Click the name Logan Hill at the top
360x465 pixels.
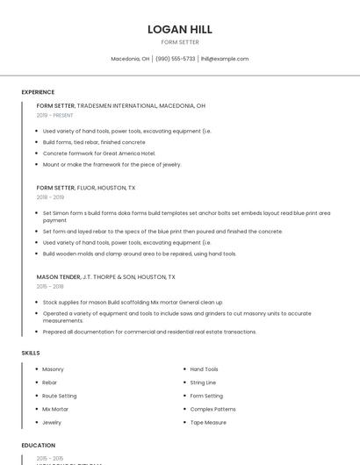coord(179,30)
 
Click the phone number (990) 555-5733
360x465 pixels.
coord(176,59)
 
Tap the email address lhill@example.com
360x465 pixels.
coord(225,59)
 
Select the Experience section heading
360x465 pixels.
coord(38,92)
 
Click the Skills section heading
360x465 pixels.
coord(31,353)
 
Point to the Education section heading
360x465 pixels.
coord(39,446)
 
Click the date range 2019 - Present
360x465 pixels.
coord(54,115)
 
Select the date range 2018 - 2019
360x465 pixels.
coord(49,197)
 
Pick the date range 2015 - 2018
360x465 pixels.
coord(50,286)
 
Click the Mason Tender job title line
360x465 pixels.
coord(105,276)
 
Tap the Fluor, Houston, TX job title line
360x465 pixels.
coord(86,188)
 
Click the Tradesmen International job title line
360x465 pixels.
coord(120,105)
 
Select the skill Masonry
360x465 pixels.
coord(53,369)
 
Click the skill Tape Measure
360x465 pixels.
coord(208,422)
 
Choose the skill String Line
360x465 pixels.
coord(203,383)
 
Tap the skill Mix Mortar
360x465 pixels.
coord(55,409)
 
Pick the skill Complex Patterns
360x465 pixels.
coord(212,409)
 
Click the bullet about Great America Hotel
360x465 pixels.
coord(98,153)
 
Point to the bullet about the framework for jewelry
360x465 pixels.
coord(112,164)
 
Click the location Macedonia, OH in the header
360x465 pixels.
coord(130,59)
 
